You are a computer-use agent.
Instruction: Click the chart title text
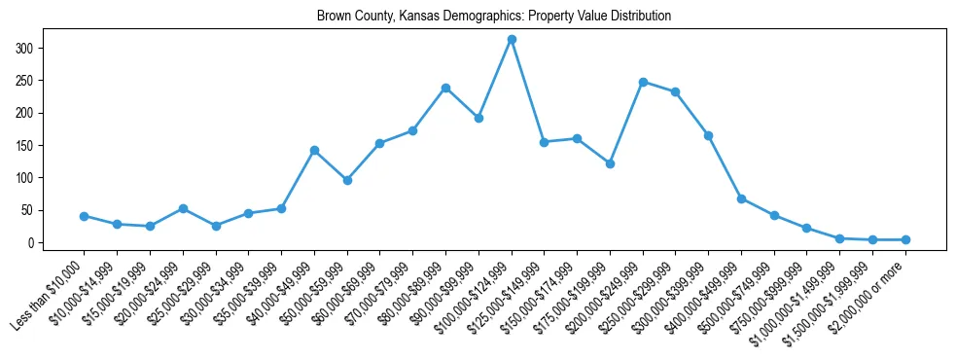pos(494,17)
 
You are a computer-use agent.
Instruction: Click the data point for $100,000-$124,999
pos(512,39)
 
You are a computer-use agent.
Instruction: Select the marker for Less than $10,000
pos(84,216)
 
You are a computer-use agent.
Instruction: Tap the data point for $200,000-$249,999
pos(643,82)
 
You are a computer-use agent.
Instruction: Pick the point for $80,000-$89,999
pos(445,88)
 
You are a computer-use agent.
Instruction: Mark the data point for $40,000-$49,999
pos(314,150)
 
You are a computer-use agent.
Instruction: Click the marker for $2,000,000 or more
pos(905,239)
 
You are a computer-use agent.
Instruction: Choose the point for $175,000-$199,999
pos(610,163)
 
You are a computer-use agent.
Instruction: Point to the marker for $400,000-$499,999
pos(741,198)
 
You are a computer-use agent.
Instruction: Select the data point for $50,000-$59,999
pos(347,180)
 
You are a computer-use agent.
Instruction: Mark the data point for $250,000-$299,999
pos(676,91)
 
